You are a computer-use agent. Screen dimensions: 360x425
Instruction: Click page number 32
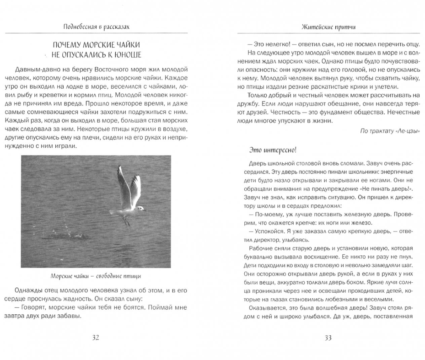point(96,338)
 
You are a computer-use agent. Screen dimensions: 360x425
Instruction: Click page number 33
point(328,338)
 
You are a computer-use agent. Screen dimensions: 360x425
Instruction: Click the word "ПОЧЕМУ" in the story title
point(70,45)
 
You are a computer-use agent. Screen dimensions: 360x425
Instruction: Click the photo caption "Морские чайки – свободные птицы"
point(96,276)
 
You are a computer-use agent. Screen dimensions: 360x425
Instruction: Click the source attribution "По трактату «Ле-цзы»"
point(390,131)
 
